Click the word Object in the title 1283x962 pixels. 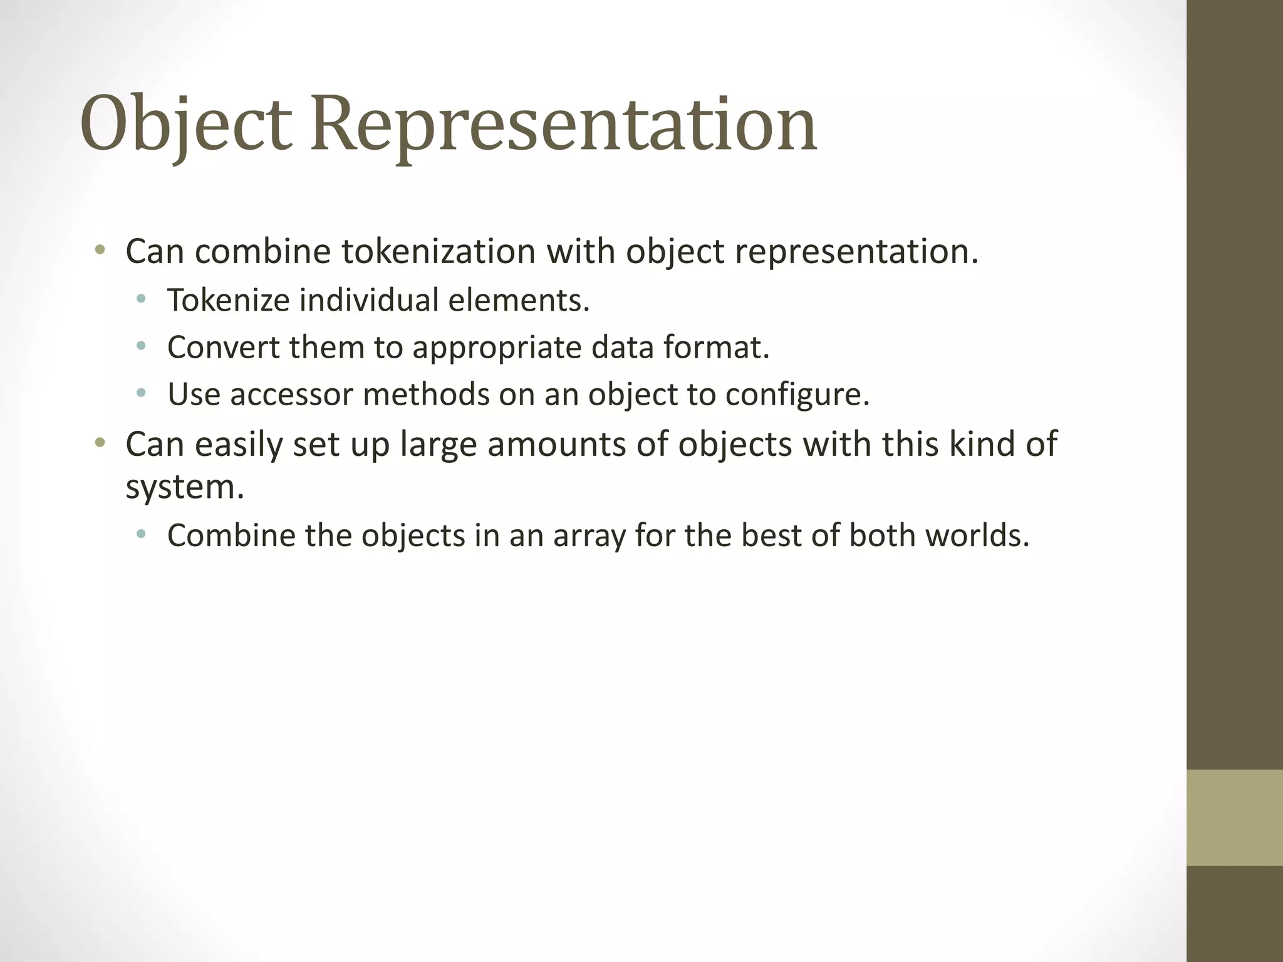tap(186, 125)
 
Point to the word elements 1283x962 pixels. tap(519, 301)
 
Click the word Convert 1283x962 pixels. tap(223, 348)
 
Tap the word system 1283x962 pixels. tap(185, 487)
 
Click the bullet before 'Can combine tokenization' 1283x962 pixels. tap(99, 251)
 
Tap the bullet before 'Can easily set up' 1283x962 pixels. tap(99, 444)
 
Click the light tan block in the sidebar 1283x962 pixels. tap(1234, 817)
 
